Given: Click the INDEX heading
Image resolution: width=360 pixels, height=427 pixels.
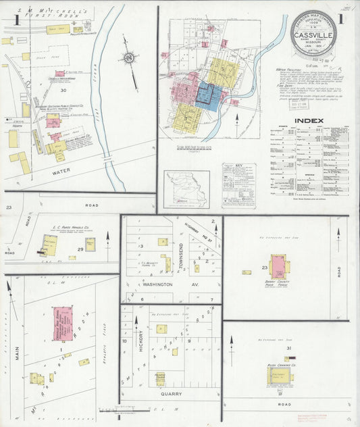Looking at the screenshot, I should [x=309, y=121].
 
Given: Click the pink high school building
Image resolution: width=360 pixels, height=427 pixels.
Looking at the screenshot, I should [x=63, y=324].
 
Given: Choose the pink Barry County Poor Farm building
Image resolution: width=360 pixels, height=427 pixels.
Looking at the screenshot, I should [x=279, y=264].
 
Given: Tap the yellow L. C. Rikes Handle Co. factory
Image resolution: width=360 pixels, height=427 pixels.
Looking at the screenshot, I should [x=48, y=245].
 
